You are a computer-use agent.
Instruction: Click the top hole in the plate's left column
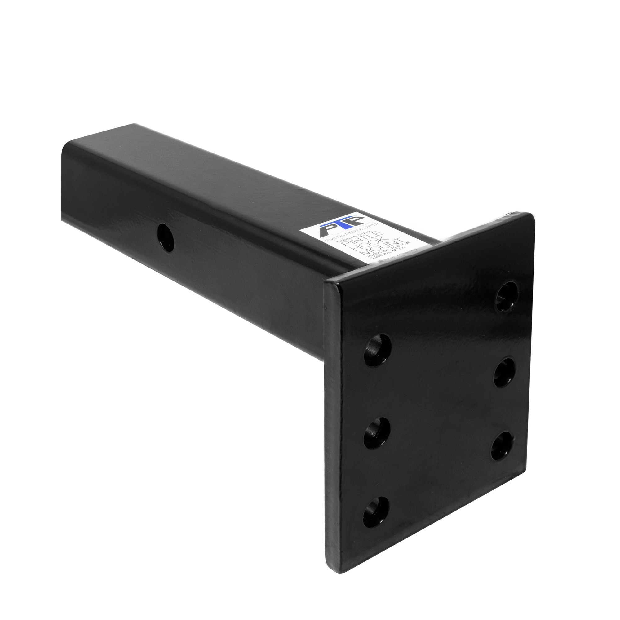(378, 350)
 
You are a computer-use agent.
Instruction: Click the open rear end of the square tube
(66, 180)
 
